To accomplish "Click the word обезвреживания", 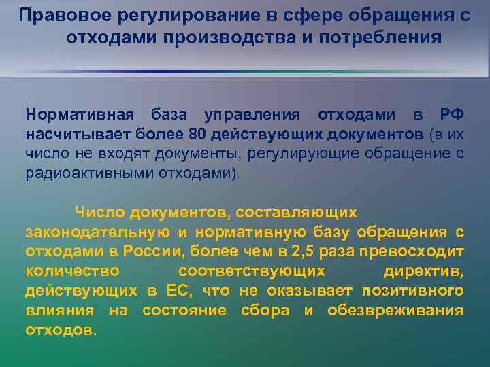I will tap(396, 311).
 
